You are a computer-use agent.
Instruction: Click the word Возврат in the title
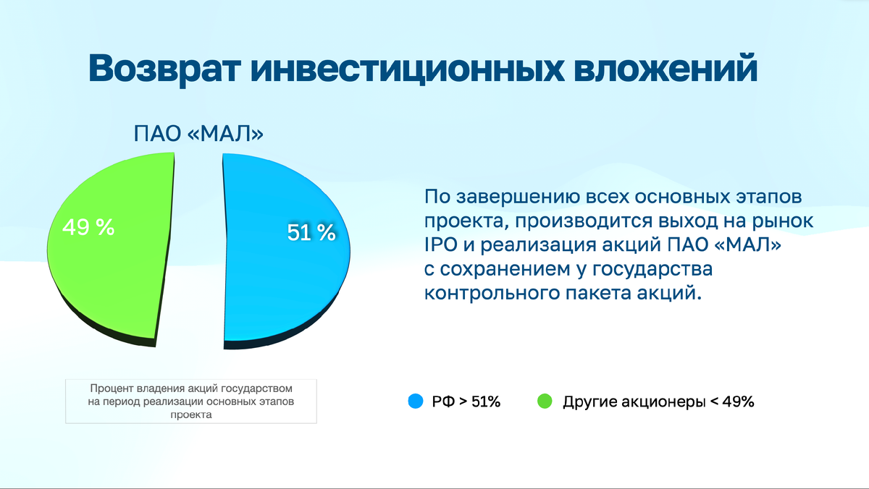pyautogui.click(x=164, y=69)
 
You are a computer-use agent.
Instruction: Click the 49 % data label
pyautogui.click(x=88, y=228)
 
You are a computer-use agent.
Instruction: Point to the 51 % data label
pyautogui.click(x=311, y=232)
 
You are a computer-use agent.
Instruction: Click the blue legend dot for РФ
pyautogui.click(x=416, y=401)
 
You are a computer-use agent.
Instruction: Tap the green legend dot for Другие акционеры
pyautogui.click(x=544, y=401)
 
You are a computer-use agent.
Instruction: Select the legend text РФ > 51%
pyautogui.click(x=466, y=402)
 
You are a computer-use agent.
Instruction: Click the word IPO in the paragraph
pyautogui.click(x=440, y=245)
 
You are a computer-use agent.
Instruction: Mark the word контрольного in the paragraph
pyautogui.click(x=482, y=293)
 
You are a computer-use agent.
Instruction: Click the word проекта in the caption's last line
pyautogui.click(x=191, y=415)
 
